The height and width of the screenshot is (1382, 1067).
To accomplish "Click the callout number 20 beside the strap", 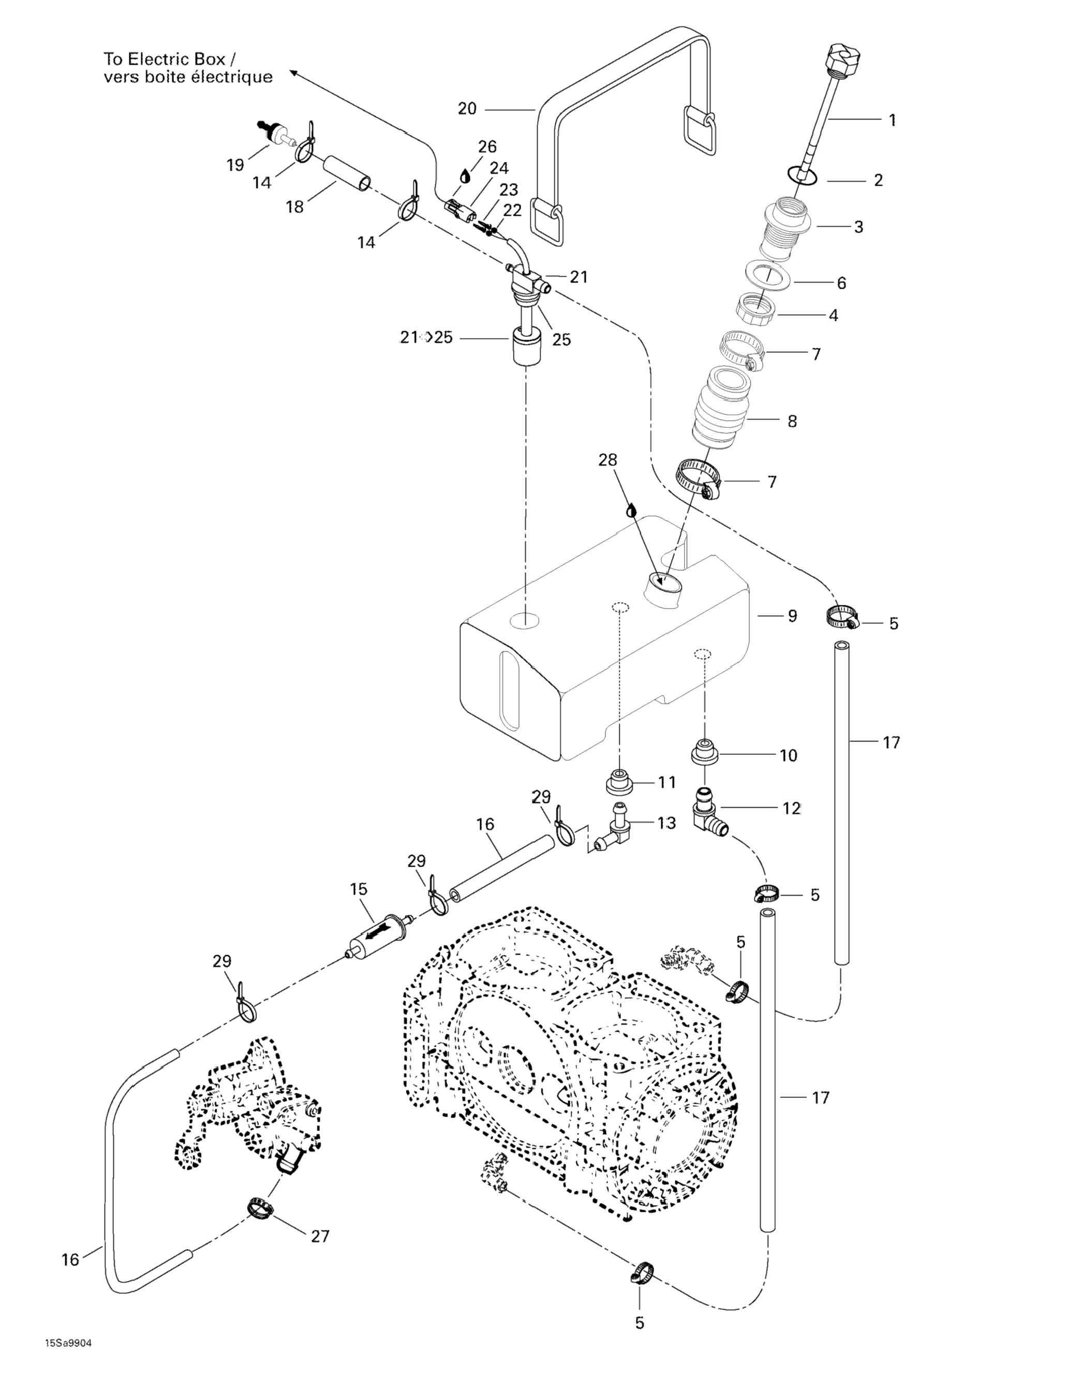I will pyautogui.click(x=467, y=109).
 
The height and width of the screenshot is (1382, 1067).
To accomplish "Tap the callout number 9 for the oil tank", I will pyautogui.click(x=792, y=616).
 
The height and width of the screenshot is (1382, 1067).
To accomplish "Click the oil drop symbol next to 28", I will pyautogui.click(x=630, y=510).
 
